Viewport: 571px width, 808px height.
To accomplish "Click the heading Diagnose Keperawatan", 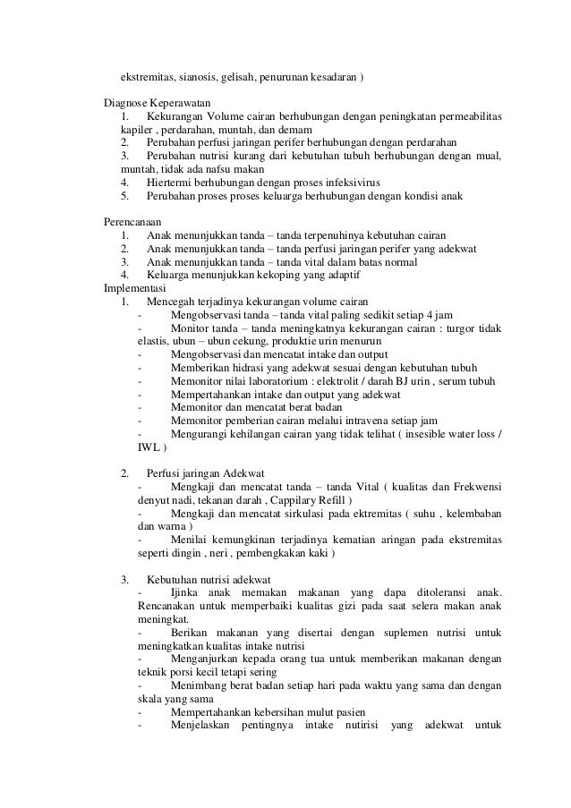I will pyautogui.click(x=158, y=103).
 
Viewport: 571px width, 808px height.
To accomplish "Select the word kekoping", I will pyautogui.click(x=246, y=276).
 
